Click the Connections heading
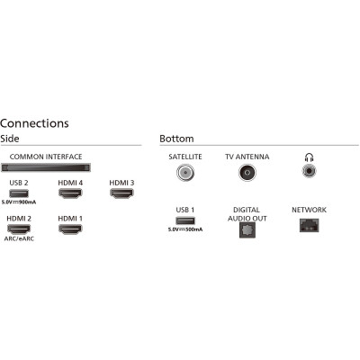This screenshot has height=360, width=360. tap(34, 123)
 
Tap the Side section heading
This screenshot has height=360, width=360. tap(10, 139)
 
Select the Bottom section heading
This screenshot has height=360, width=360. tap(176, 139)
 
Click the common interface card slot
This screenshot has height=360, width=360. tap(46, 167)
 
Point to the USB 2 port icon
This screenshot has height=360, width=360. tap(19, 193)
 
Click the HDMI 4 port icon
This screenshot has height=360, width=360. tap(70, 193)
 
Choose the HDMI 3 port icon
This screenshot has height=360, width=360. tap(121, 193)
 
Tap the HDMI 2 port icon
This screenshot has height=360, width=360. tap(19, 229)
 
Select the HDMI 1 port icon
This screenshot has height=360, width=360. tap(70, 229)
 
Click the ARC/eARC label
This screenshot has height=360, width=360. tap(19, 238)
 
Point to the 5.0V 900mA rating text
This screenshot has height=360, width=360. tap(19, 202)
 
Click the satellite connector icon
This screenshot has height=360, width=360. tap(185, 173)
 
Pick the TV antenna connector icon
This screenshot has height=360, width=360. tap(247, 173)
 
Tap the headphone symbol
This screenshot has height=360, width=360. tap(309, 157)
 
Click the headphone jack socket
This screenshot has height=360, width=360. tap(310, 171)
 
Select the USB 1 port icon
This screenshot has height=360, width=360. tap(185, 220)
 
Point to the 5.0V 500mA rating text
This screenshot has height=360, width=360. tap(185, 229)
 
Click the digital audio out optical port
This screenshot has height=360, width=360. tap(247, 230)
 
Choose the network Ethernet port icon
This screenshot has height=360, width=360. tap(309, 225)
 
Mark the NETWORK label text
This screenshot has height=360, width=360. tap(309, 210)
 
